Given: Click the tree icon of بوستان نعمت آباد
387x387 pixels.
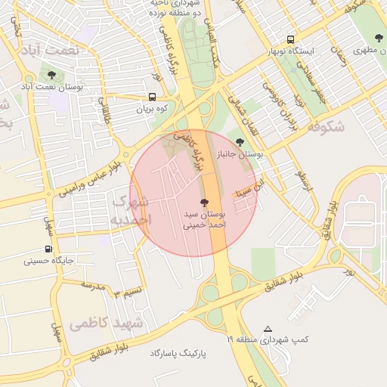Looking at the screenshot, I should coord(51,75).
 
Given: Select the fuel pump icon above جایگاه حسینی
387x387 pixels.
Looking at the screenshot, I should coord(49,249).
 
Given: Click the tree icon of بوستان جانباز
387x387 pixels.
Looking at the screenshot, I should coord(240,141).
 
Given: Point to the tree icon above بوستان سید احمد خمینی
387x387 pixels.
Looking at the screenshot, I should coord(203,203).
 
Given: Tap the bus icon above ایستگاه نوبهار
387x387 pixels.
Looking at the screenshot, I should coord(291,40).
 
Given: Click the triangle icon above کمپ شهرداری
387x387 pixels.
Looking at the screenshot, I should coord(268,328).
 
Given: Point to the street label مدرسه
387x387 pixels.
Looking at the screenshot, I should coord(91,287).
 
